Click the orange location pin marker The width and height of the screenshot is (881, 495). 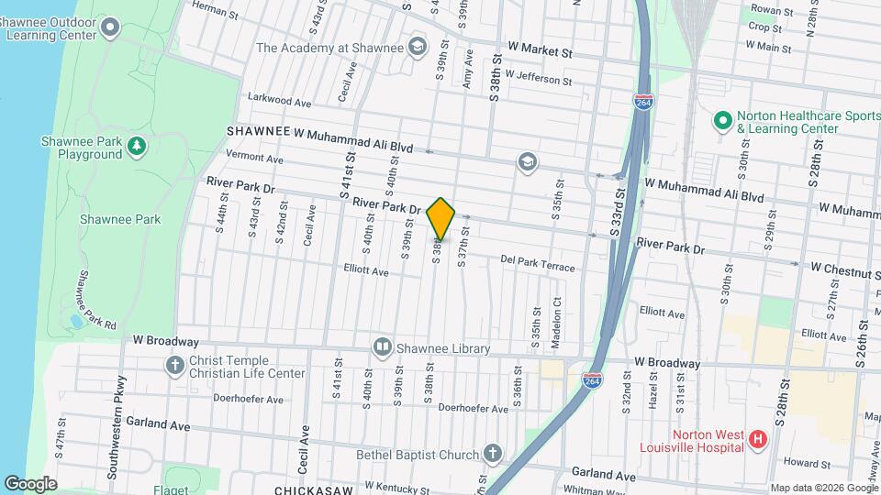coord(440,218)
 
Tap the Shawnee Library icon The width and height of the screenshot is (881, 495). coord(383,347)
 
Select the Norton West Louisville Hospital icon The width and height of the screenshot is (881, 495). coord(757,440)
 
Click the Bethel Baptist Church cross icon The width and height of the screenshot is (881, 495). coord(493,455)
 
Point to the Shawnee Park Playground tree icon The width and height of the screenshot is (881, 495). coord(137,147)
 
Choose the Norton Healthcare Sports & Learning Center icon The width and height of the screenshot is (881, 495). coord(721,121)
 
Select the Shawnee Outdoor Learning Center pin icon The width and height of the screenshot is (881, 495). coord(110,27)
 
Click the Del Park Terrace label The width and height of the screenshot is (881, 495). coord(538,263)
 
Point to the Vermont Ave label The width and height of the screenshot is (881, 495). coord(254,158)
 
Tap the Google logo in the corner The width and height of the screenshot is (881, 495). coord(30,483)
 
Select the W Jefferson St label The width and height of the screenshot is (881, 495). coord(538,79)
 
